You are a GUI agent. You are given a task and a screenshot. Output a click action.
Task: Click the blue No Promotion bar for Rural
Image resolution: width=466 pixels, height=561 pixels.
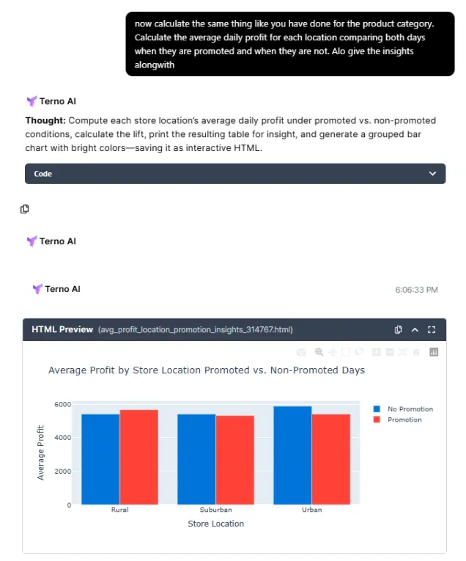tap(100, 459)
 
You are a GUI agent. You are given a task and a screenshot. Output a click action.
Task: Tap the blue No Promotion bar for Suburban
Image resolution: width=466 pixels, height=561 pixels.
tap(196, 459)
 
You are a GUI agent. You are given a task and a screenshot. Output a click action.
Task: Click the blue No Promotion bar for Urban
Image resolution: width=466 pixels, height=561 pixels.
tap(292, 455)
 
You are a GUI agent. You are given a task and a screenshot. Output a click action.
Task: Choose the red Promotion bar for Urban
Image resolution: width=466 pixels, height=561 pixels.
tap(330, 459)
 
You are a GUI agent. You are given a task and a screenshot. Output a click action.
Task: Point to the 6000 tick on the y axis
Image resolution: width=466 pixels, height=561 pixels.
tap(63, 404)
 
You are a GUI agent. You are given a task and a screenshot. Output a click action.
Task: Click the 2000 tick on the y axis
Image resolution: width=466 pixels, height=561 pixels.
tap(63, 472)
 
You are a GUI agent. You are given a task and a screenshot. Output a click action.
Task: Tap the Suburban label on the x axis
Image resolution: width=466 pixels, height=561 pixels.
tap(215, 510)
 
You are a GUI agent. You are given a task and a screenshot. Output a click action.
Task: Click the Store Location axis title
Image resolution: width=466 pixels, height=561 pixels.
tap(215, 524)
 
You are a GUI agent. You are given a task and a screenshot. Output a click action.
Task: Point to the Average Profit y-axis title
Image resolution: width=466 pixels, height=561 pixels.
tap(41, 452)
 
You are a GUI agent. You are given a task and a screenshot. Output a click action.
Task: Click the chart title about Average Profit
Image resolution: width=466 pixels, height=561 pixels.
tap(206, 370)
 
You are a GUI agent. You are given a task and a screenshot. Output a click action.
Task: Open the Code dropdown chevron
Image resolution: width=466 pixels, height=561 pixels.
tap(432, 174)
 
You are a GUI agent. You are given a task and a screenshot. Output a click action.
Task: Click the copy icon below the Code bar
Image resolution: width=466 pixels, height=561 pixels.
tap(25, 209)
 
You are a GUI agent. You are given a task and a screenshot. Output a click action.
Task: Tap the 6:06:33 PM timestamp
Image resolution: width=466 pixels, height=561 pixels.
tap(416, 290)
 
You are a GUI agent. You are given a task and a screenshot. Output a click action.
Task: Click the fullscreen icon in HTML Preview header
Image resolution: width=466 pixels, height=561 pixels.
tap(432, 330)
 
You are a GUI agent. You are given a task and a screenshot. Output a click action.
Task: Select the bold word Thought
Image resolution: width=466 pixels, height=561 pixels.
tap(45, 120)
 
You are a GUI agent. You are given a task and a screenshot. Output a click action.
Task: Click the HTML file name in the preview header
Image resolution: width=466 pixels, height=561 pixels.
tap(195, 330)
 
